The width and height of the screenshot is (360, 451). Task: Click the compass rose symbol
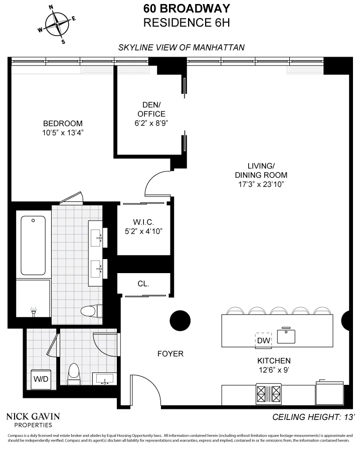tap(57, 23)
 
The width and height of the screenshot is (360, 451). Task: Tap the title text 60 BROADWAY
tap(180, 9)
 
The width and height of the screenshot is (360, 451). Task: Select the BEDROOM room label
tap(63, 124)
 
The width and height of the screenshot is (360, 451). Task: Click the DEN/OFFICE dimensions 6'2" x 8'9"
tap(151, 123)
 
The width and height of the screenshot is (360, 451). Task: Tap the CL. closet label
tap(143, 284)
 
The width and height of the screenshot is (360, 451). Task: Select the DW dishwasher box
tap(264, 340)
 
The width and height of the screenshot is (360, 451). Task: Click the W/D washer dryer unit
tap(40, 378)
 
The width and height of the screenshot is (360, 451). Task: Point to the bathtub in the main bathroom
tap(33, 246)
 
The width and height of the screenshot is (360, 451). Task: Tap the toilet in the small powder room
tap(74, 373)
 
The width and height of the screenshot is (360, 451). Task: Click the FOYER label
tap(170, 354)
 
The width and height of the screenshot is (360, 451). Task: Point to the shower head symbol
tap(33, 312)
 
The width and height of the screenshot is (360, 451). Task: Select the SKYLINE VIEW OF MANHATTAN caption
tap(181, 48)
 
